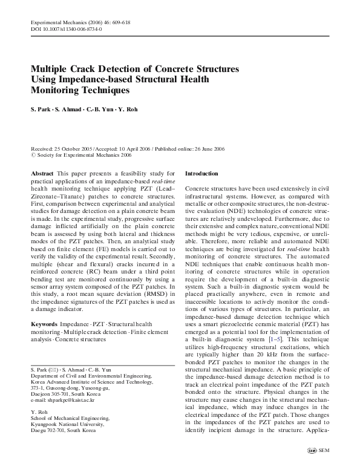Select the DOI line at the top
(x=67, y=28)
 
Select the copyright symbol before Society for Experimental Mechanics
(x=33, y=156)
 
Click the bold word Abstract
(x=42, y=173)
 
